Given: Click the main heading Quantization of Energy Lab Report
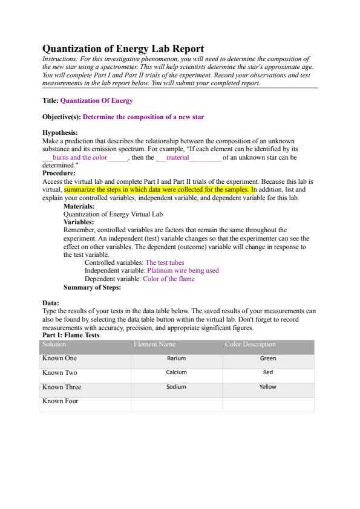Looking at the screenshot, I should coord(123,48).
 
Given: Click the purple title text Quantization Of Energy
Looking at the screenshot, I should coord(96,100).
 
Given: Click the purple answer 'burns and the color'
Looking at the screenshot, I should coord(79,158).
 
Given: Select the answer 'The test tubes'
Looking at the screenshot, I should coord(165,262).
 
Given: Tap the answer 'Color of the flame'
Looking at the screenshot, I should coord(168,279).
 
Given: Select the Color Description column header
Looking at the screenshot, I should coord(250,344).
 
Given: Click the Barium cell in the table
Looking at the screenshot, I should coord(176,358).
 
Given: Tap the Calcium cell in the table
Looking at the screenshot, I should coord(176,372).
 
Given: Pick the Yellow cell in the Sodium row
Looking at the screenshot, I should coord(267,387).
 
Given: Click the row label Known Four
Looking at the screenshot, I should coord(60,401).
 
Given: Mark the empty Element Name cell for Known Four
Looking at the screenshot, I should coord(176,404).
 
